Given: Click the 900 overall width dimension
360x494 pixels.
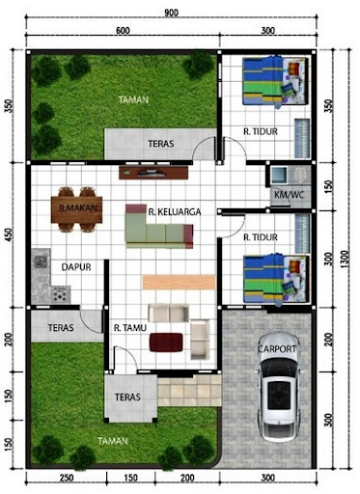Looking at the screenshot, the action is click(171, 14).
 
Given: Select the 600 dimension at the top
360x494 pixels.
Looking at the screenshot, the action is click(123, 30).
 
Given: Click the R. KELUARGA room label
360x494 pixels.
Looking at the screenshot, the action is click(175, 211).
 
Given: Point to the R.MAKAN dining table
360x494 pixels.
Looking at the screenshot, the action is click(76, 209).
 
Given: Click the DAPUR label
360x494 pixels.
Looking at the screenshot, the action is click(76, 267).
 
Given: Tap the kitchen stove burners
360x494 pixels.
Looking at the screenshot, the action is click(61, 294).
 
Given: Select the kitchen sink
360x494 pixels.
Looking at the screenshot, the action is click(41, 261).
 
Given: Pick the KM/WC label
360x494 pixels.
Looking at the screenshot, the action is click(289, 195).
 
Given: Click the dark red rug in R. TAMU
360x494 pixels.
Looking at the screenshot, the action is click(166, 343).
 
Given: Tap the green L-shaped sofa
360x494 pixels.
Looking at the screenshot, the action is click(159, 227).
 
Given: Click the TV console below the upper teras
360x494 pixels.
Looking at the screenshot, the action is click(153, 173).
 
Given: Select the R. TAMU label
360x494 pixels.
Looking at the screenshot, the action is click(130, 328).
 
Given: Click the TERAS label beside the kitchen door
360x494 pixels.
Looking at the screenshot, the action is click(61, 328).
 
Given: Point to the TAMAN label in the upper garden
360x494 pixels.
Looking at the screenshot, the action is click(133, 99).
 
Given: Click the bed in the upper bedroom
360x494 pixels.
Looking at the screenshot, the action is click(275, 82).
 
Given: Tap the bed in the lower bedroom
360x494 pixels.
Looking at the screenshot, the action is click(276, 279).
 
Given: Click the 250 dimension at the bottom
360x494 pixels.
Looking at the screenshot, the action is click(66, 478).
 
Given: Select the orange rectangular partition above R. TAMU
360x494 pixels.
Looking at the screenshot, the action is click(179, 282).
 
